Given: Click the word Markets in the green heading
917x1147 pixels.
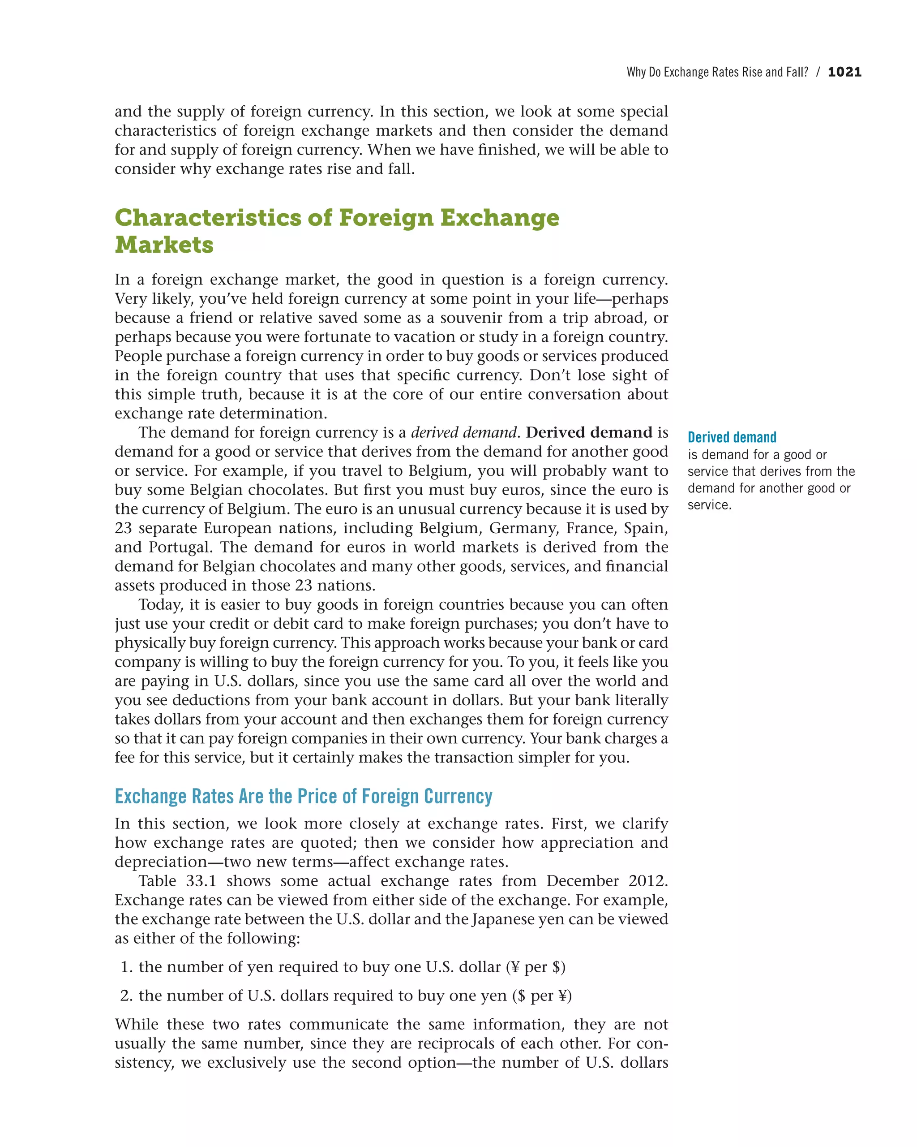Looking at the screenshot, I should [164, 245].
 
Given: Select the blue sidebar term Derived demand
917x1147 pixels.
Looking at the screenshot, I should [732, 437].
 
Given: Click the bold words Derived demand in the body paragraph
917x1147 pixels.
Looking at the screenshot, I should [588, 432].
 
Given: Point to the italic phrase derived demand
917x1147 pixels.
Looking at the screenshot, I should [463, 432].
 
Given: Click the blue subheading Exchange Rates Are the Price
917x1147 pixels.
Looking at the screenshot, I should [303, 797].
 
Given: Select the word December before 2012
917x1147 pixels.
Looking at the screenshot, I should [582, 881].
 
